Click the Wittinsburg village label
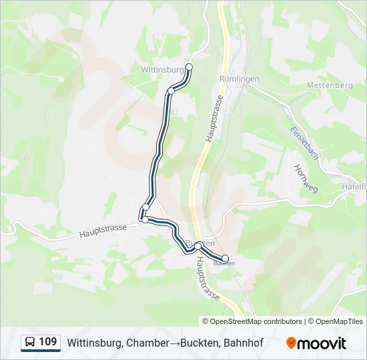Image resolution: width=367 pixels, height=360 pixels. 161,69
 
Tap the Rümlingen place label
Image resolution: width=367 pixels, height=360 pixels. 239,79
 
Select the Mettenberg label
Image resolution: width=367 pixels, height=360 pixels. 329,85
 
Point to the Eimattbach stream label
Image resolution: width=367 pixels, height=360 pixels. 304,143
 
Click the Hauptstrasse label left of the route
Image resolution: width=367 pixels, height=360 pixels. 103,231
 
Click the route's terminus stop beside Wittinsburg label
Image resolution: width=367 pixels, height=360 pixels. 189,67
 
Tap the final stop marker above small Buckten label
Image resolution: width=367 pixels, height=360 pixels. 225,258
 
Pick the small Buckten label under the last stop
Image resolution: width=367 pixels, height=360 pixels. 224,264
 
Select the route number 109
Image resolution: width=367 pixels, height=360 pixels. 48,343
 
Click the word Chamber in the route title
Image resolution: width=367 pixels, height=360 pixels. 145,343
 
